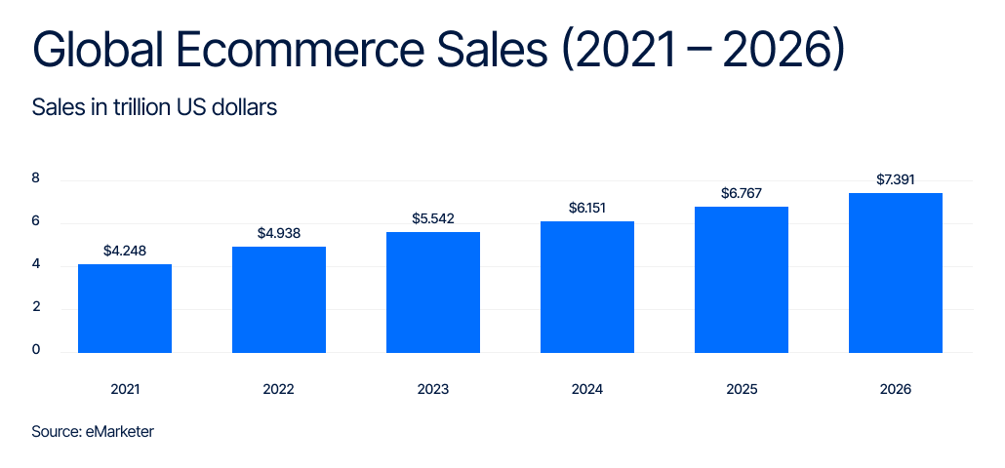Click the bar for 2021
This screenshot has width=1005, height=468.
coord(125,308)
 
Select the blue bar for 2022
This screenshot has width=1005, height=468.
coord(279,299)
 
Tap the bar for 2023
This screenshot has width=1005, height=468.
coord(433,292)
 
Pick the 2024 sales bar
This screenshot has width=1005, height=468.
coord(587,287)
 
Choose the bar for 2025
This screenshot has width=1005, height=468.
coord(742,280)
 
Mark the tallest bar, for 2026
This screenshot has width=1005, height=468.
coord(896,273)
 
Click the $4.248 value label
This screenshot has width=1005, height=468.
coord(125,251)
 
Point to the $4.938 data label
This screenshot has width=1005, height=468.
coord(279,233)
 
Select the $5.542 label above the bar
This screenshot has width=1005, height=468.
coord(433,218)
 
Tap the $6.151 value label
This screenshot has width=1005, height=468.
coord(587,208)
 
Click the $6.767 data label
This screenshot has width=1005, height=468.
coord(742,193)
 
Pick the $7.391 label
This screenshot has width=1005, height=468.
coord(896,179)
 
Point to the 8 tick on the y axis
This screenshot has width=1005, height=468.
coord(36,178)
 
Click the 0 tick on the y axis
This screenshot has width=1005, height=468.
coord(36,350)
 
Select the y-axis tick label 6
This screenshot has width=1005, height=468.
coord(36,221)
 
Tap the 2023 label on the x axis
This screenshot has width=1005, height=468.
coord(433,389)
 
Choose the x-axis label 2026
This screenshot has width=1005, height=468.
coord(896,389)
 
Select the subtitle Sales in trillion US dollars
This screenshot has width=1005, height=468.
coord(154,107)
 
